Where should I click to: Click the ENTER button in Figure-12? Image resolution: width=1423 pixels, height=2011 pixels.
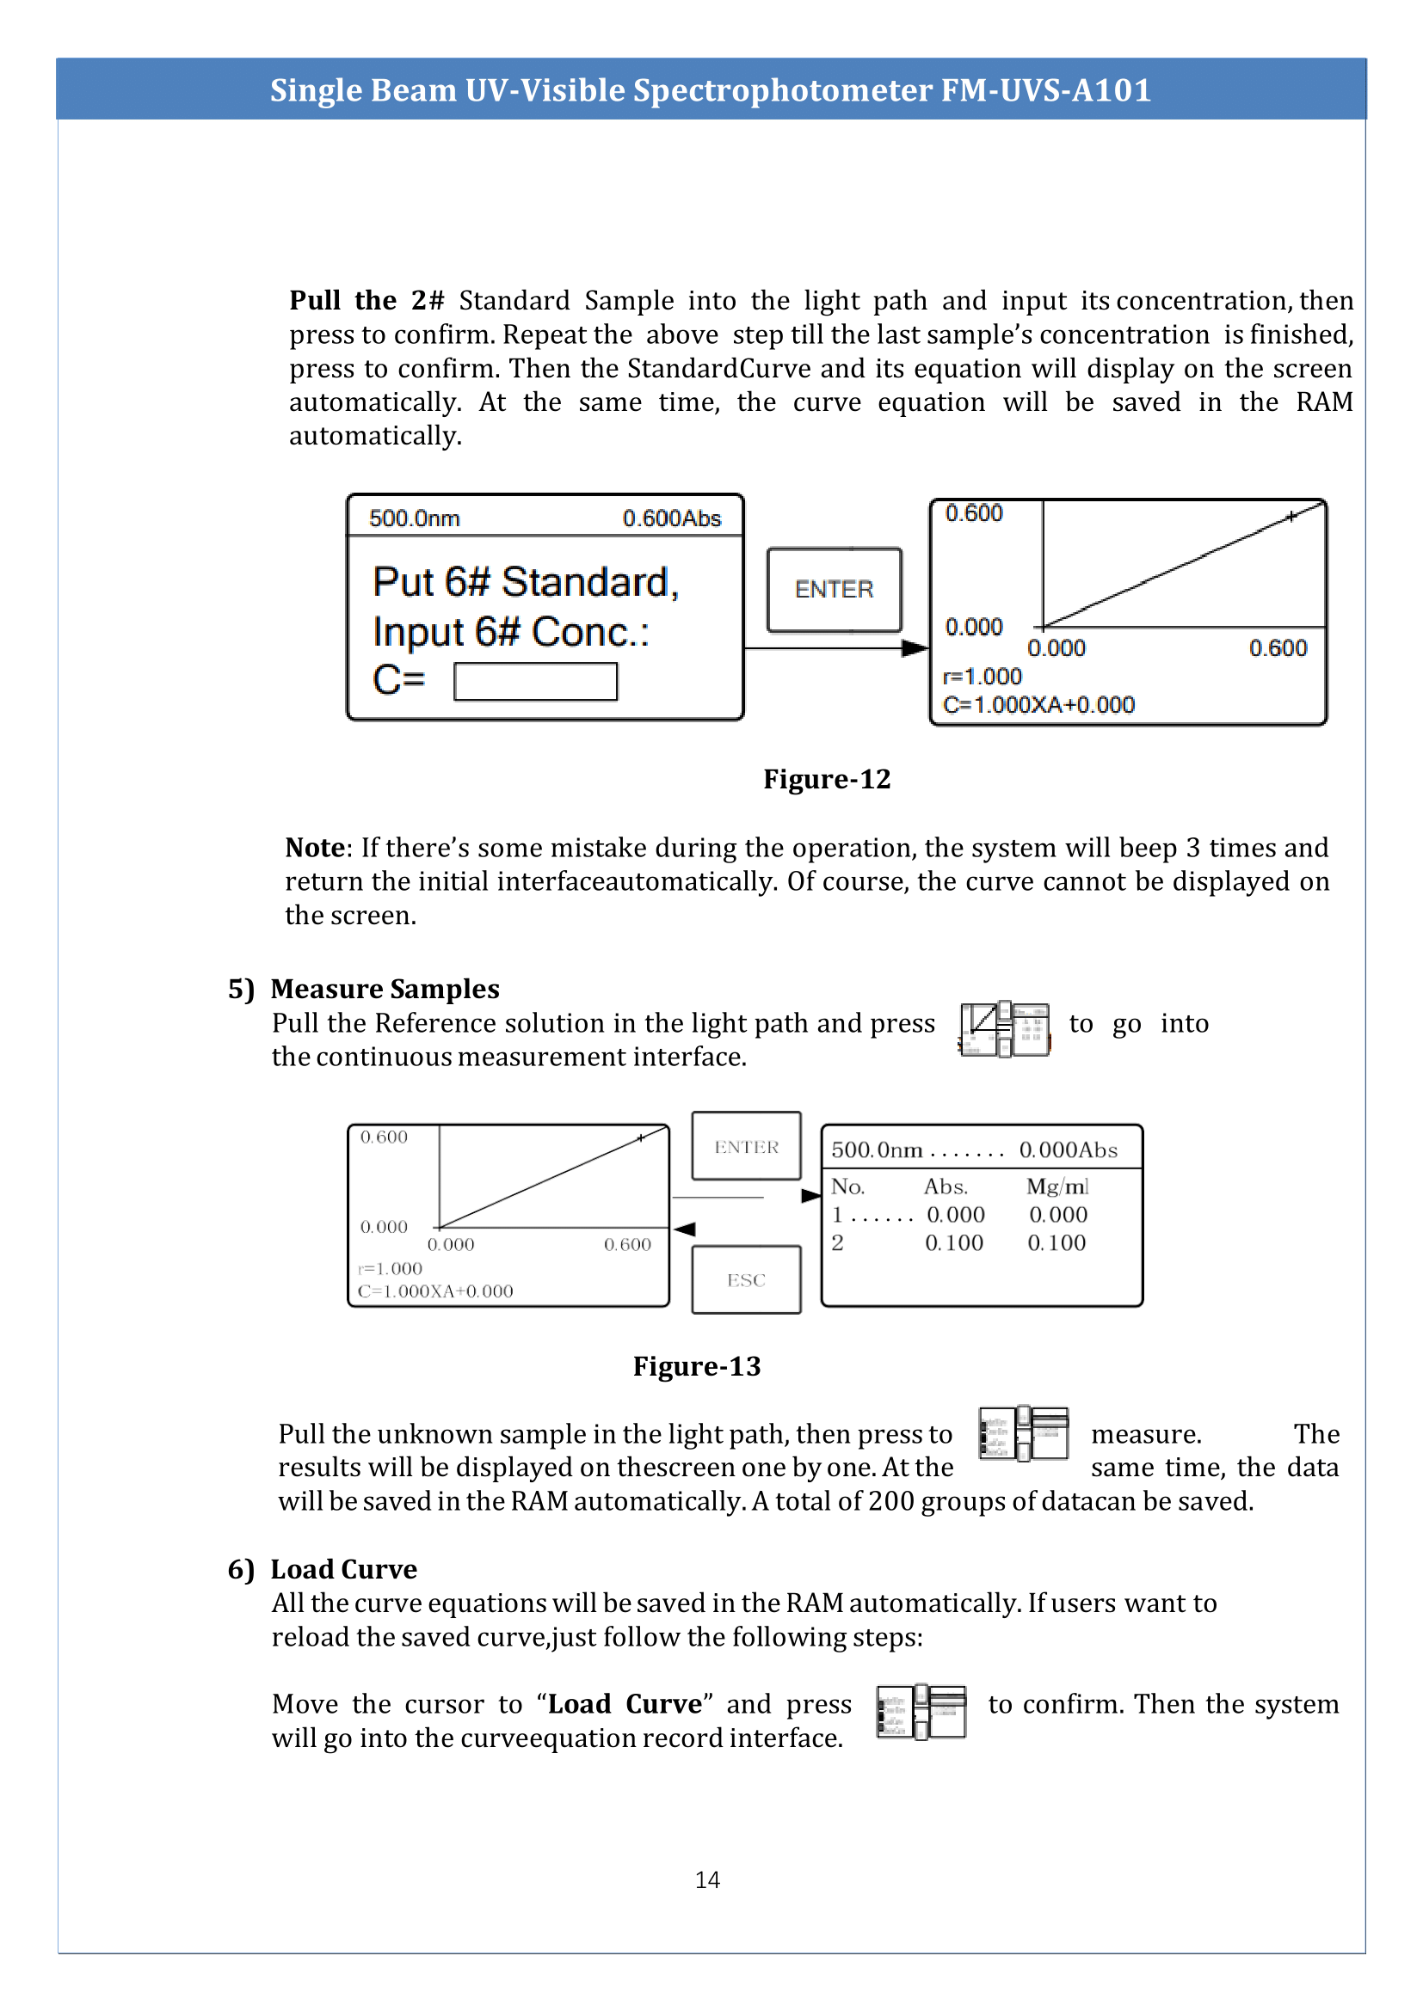coord(834,590)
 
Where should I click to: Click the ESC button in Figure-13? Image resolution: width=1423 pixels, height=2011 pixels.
coord(746,1279)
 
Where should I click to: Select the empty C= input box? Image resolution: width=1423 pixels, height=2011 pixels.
coord(535,682)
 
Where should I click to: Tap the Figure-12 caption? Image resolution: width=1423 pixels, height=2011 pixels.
coord(826,779)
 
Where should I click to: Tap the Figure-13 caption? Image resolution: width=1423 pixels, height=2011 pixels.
coord(697,1365)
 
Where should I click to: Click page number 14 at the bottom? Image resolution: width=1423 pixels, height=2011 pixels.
coord(707,1879)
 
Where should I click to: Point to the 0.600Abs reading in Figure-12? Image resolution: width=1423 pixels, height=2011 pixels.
coord(671,518)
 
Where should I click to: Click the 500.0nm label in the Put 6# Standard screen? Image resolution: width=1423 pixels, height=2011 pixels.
coord(415,518)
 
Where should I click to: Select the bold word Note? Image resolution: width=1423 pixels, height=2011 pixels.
coord(315,847)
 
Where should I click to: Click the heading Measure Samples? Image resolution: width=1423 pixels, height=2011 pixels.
coord(385,988)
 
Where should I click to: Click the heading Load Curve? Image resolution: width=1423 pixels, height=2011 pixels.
coord(343,1569)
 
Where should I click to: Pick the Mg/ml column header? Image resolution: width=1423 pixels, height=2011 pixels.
coord(1056,1186)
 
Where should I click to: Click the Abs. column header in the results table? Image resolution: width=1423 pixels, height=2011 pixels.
coord(946,1186)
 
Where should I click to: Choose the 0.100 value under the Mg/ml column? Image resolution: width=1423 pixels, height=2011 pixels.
coord(1056,1242)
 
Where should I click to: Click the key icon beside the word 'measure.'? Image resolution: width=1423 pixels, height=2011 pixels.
coord(1024,1433)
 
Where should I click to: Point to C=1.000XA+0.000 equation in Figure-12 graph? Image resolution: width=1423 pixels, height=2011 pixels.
coord(1038,704)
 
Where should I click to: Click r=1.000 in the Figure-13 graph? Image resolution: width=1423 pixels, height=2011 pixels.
coord(391,1268)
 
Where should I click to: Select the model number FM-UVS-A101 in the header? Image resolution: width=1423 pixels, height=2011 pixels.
coord(1045,89)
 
